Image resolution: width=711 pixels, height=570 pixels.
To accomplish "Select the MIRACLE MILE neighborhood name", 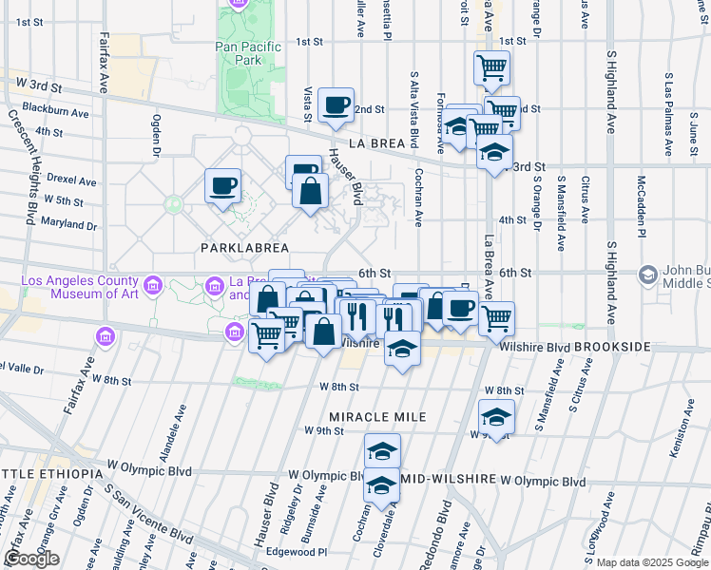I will click(x=377, y=417).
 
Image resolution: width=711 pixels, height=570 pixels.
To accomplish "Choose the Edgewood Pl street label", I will click(x=295, y=551).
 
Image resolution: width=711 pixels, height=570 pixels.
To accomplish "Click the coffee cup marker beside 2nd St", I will click(x=335, y=105).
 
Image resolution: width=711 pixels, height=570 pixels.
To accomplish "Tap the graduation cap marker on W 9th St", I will click(x=495, y=417).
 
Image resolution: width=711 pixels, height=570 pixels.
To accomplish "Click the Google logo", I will click(x=32, y=559).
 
